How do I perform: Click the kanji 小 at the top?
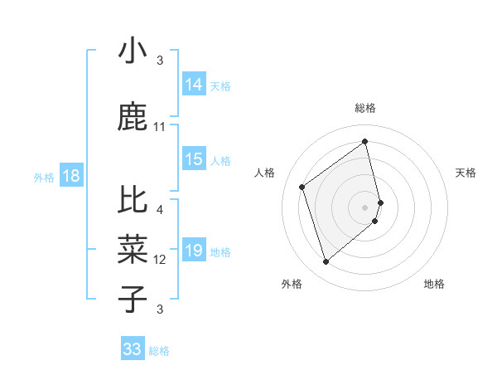coord(133,52)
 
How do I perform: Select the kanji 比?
coord(133,202)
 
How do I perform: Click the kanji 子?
coord(133,300)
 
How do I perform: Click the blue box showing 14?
coord(193,85)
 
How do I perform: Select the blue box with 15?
coord(193,160)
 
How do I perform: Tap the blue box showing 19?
coord(193,251)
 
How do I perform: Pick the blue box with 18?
coord(70,176)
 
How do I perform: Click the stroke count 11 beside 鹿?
coord(160,127)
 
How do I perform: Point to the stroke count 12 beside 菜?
coord(160,260)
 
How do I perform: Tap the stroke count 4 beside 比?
coord(160,210)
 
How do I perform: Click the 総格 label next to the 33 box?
coord(159,351)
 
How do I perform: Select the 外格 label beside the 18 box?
coord(44,177)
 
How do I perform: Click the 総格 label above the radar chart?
coord(365,108)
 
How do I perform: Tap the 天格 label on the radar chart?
coord(466,173)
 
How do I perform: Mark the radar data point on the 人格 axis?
coord(302,187)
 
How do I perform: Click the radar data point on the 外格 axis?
coord(326,262)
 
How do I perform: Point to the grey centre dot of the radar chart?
coord(365,207)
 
